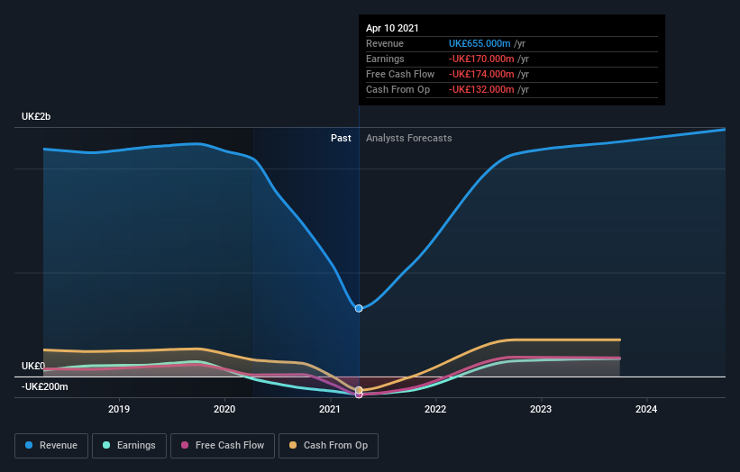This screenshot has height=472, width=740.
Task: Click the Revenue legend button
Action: [52, 445]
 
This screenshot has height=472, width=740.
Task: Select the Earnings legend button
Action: [130, 445]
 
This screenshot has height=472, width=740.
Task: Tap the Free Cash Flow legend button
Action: [222, 445]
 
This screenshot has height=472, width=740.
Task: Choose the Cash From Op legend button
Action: [329, 445]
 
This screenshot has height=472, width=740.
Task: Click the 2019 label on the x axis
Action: [119, 409]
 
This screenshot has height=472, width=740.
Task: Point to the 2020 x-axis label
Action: [224, 409]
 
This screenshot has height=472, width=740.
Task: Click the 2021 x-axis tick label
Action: [330, 409]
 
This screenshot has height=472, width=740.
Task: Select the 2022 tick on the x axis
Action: [435, 409]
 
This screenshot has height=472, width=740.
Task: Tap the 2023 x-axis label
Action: [541, 409]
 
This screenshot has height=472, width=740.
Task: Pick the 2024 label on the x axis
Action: [646, 409]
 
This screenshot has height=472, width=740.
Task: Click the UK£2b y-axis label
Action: [37, 117]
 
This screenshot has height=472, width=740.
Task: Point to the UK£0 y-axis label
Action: [32, 366]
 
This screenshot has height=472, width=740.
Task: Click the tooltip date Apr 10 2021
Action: [392, 29]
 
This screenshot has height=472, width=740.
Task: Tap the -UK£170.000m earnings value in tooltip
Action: [481, 59]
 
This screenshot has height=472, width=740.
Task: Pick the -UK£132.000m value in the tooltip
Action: [481, 89]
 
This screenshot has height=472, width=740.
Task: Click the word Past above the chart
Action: [341, 138]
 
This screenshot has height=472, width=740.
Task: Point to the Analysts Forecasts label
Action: [409, 138]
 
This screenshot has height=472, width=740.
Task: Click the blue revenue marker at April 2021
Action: [359, 308]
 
